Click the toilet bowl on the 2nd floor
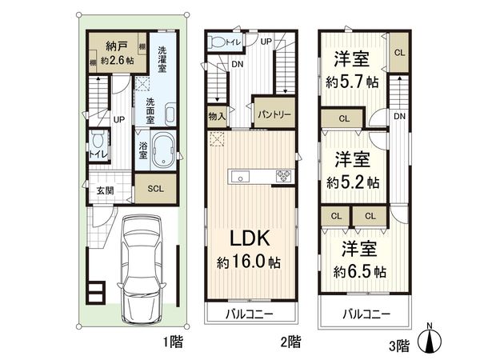[x=217, y=42]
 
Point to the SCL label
[x=156, y=189]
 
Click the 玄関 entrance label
[x=106, y=190]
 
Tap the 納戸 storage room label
[x=116, y=46]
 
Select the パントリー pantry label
[x=274, y=114]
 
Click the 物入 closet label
[x=217, y=116]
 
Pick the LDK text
[x=250, y=238]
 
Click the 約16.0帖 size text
[x=249, y=262]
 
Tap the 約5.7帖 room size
[x=352, y=82]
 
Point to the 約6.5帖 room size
[x=360, y=271]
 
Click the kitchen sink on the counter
[x=240, y=177]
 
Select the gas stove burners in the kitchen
[x=283, y=176]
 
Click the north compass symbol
[x=430, y=339]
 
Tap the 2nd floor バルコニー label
[x=249, y=314]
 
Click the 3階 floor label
[x=399, y=346]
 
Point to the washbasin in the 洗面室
[x=170, y=114]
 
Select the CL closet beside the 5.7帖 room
[x=399, y=53]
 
